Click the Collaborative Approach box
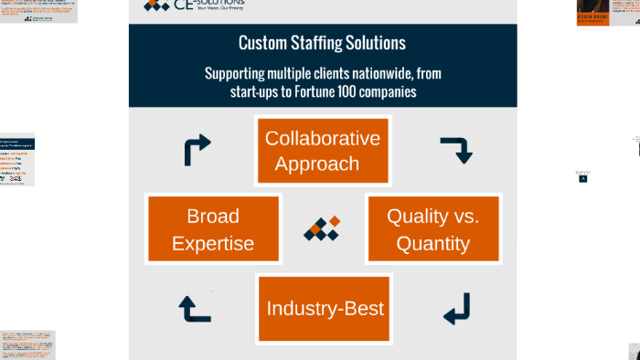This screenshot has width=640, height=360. pos(323,151)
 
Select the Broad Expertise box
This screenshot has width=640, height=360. pos(213,229)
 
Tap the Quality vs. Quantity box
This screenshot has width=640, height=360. pos(433,229)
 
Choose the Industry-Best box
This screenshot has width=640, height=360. pos(324,308)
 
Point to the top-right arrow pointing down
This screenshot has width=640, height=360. pos(456,150)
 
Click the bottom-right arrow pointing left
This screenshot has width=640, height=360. pos(456,309)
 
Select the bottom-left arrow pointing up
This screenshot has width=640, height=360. pos(195,309)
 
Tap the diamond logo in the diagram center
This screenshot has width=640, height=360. pos(323,228)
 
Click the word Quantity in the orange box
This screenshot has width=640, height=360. pos(433,244)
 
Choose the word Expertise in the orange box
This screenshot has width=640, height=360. pos(213,244)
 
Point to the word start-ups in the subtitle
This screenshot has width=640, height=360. pos(258,91)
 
